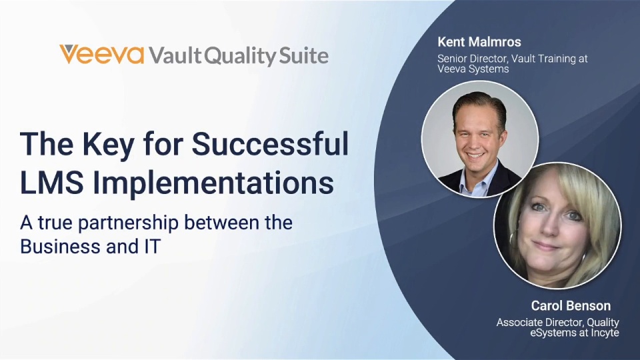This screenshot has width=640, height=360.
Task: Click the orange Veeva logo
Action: click(x=101, y=55)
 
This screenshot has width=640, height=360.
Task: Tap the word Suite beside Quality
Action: click(x=304, y=55)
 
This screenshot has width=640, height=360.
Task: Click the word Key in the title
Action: click(x=108, y=145)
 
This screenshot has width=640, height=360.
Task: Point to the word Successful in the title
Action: click(x=270, y=144)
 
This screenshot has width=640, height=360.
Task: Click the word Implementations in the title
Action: click(x=213, y=183)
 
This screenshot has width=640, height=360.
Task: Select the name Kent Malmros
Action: click(x=479, y=41)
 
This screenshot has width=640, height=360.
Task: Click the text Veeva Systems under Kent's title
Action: click(x=473, y=69)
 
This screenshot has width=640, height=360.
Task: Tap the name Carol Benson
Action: click(x=571, y=305)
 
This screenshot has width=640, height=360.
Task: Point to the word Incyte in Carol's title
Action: click(x=605, y=333)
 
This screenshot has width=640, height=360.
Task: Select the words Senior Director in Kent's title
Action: click(x=469, y=59)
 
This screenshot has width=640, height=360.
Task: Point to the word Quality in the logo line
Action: click(x=240, y=56)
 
